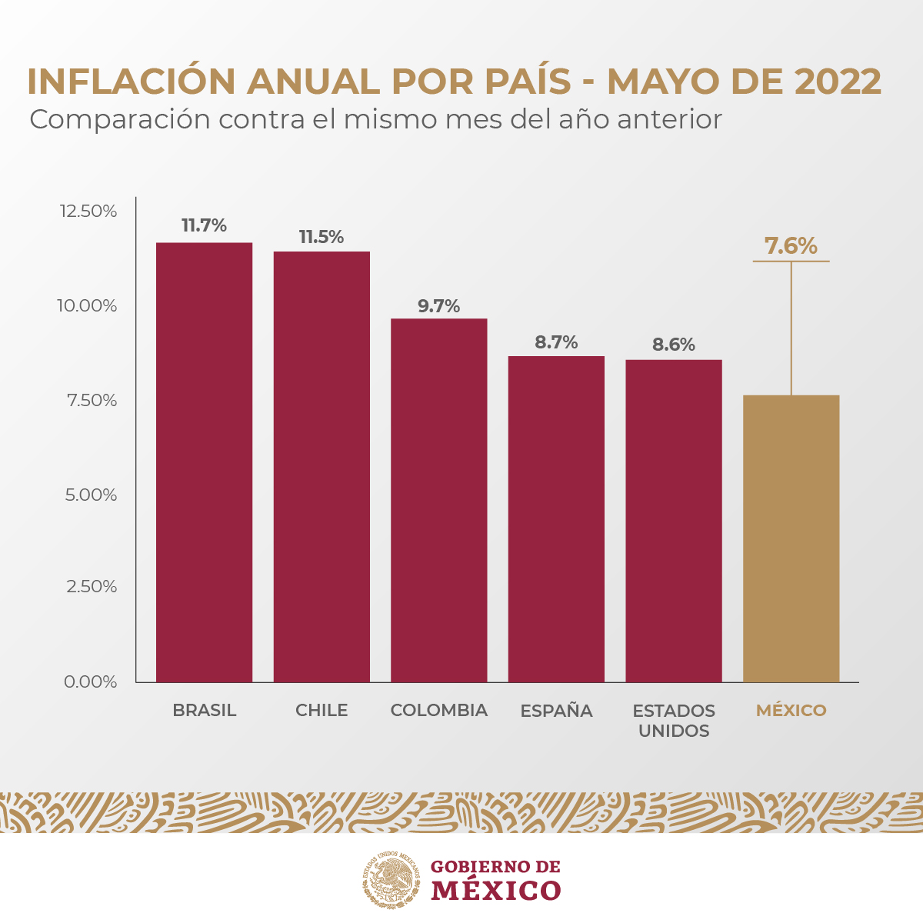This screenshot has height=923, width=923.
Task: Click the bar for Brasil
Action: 204,461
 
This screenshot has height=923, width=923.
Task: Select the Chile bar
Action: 322,466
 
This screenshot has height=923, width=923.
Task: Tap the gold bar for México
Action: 791,538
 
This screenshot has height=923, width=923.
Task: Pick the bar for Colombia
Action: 438,500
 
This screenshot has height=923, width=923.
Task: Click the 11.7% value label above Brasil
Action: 204,225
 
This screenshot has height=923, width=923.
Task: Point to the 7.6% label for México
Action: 791,246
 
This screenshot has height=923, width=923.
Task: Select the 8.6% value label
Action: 673,345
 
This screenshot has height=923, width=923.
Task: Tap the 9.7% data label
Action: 438,306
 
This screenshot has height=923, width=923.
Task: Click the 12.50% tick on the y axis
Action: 88,211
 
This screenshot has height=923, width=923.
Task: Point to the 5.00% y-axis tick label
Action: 91,495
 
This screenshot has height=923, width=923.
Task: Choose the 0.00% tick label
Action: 91,681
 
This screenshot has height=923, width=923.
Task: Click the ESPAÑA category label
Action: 556,711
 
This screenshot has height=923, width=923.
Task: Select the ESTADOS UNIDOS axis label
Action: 674,721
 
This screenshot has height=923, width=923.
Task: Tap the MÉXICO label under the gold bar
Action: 791,711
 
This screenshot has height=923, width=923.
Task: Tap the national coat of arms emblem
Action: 392,880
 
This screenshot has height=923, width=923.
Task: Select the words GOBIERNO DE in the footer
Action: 495,867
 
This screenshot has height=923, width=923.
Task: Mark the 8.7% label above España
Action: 556,342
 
